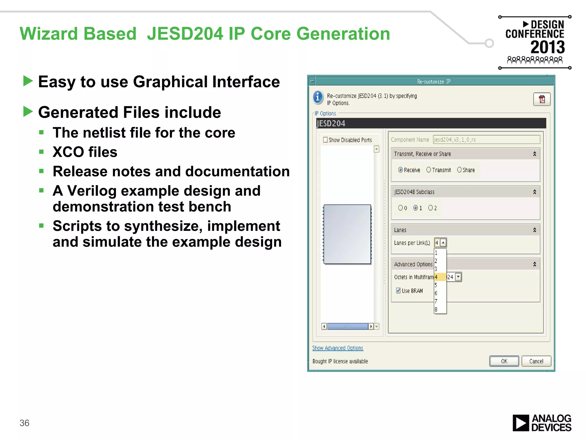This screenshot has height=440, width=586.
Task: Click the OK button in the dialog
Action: pos(504,361)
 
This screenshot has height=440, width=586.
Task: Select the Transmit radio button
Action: pos(429,170)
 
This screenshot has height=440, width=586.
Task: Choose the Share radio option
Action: pos(459,170)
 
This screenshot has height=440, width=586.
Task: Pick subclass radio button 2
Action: pos(430,208)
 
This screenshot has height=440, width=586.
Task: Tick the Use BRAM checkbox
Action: pos(398,290)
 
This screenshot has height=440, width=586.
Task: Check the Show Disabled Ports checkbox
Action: pos(325,140)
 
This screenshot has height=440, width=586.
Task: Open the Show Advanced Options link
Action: pos(338,348)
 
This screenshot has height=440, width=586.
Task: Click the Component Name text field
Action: pos(486,140)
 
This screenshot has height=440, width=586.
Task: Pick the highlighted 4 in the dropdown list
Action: pos(439,277)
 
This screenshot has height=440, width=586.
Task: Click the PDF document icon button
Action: pos(542,99)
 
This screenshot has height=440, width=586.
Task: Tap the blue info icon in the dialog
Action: pos(318,97)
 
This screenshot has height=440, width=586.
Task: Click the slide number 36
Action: pos(24,423)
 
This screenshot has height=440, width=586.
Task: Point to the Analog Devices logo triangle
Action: pos(520,423)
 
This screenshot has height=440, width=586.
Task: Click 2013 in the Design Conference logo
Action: pos(547,47)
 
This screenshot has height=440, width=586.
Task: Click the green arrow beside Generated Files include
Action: pos(28,111)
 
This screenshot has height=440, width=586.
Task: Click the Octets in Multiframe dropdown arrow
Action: pos(458,277)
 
